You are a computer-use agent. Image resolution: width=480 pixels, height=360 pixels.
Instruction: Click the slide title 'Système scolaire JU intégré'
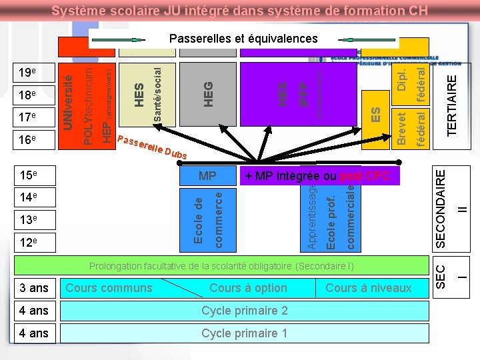[239, 11]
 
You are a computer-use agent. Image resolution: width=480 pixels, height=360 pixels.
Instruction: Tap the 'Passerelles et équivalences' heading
[243, 39]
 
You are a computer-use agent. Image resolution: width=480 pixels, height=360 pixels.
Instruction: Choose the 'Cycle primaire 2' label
[244, 311]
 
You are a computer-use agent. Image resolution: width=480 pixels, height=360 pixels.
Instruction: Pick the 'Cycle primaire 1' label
[244, 333]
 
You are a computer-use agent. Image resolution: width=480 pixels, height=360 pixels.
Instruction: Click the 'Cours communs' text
[109, 288]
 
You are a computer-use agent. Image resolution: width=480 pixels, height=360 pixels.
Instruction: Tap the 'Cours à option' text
[248, 288]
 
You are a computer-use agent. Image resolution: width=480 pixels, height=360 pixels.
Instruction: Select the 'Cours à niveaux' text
[369, 288]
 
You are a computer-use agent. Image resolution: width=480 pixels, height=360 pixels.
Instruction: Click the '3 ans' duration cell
[34, 288]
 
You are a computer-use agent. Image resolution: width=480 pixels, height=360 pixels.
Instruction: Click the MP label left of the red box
[207, 177]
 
